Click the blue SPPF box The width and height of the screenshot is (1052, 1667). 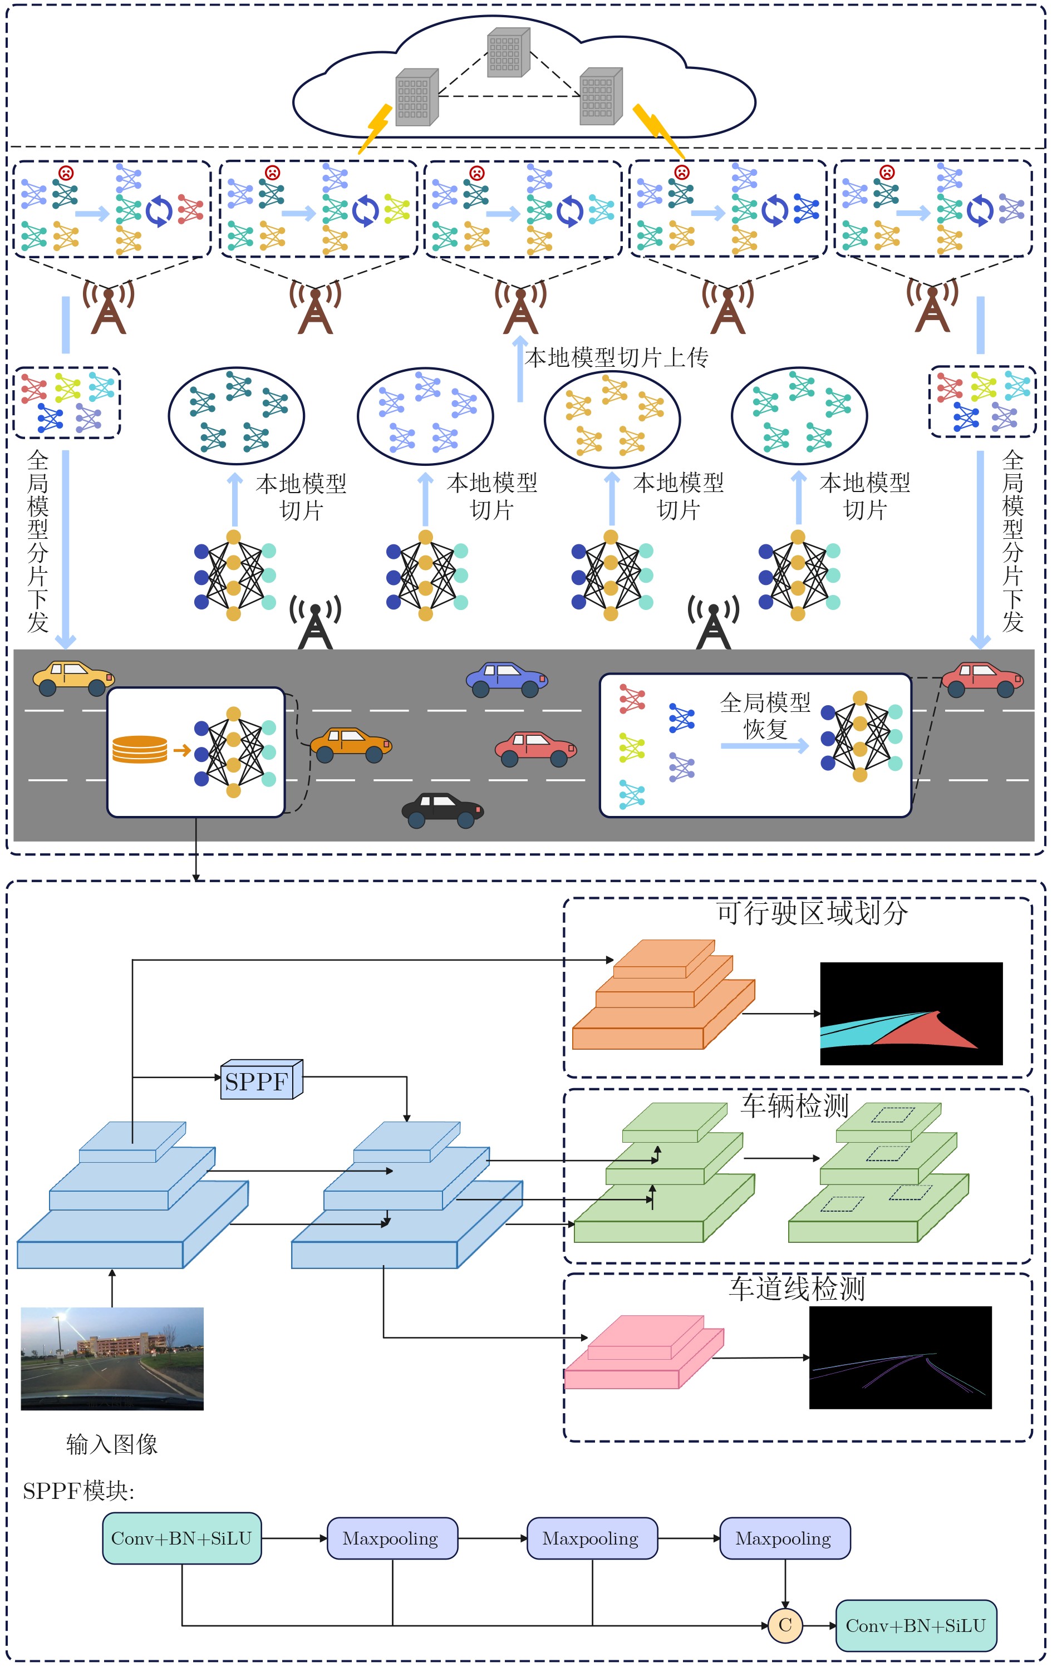click(262, 1079)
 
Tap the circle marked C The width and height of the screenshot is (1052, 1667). click(785, 1625)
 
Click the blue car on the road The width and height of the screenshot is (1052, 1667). click(507, 679)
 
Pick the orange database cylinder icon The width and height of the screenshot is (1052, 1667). click(140, 749)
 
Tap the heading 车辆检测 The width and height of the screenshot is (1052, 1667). click(794, 1105)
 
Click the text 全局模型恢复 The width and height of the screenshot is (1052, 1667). click(765, 715)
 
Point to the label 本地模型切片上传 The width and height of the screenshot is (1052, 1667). click(617, 357)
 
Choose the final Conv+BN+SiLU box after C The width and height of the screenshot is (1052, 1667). click(916, 1625)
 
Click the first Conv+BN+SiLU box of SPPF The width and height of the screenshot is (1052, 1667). click(182, 1538)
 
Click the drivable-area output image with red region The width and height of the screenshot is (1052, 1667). click(911, 1014)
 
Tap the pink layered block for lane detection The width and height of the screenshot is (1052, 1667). click(645, 1352)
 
